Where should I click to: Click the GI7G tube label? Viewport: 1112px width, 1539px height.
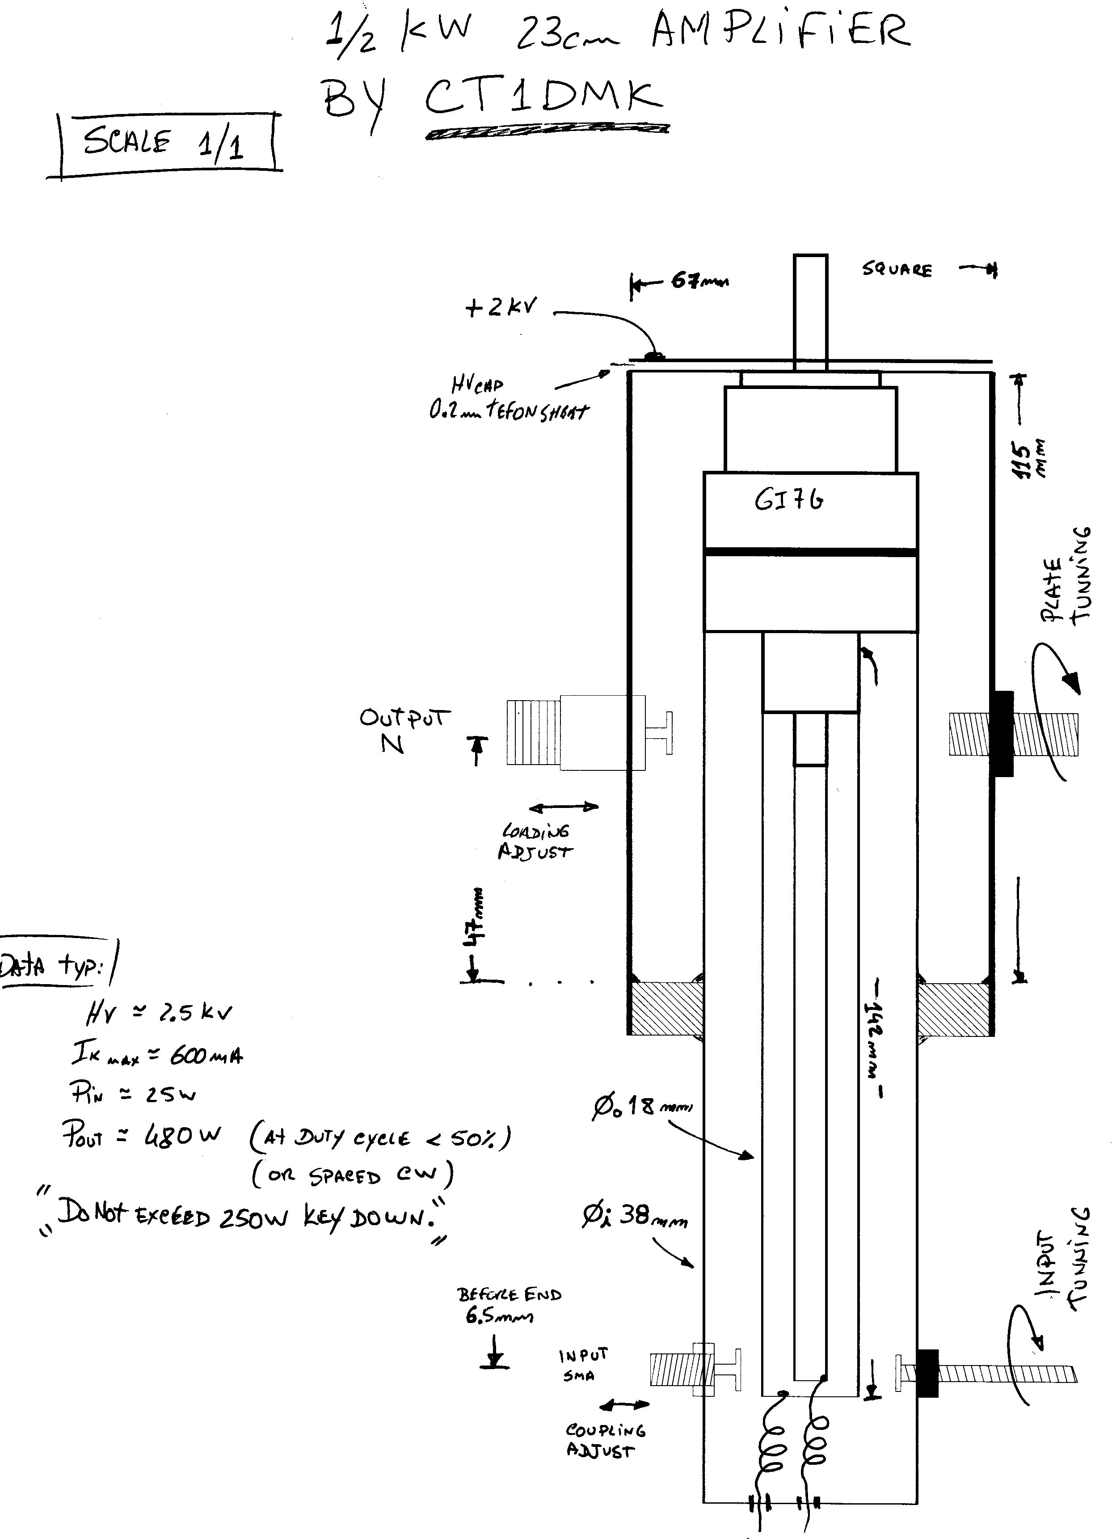(x=788, y=501)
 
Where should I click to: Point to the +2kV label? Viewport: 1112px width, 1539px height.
(x=501, y=307)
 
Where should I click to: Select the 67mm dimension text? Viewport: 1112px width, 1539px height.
(x=699, y=280)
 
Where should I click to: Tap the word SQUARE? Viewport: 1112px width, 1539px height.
(x=897, y=270)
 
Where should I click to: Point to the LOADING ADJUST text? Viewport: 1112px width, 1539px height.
(x=536, y=841)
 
